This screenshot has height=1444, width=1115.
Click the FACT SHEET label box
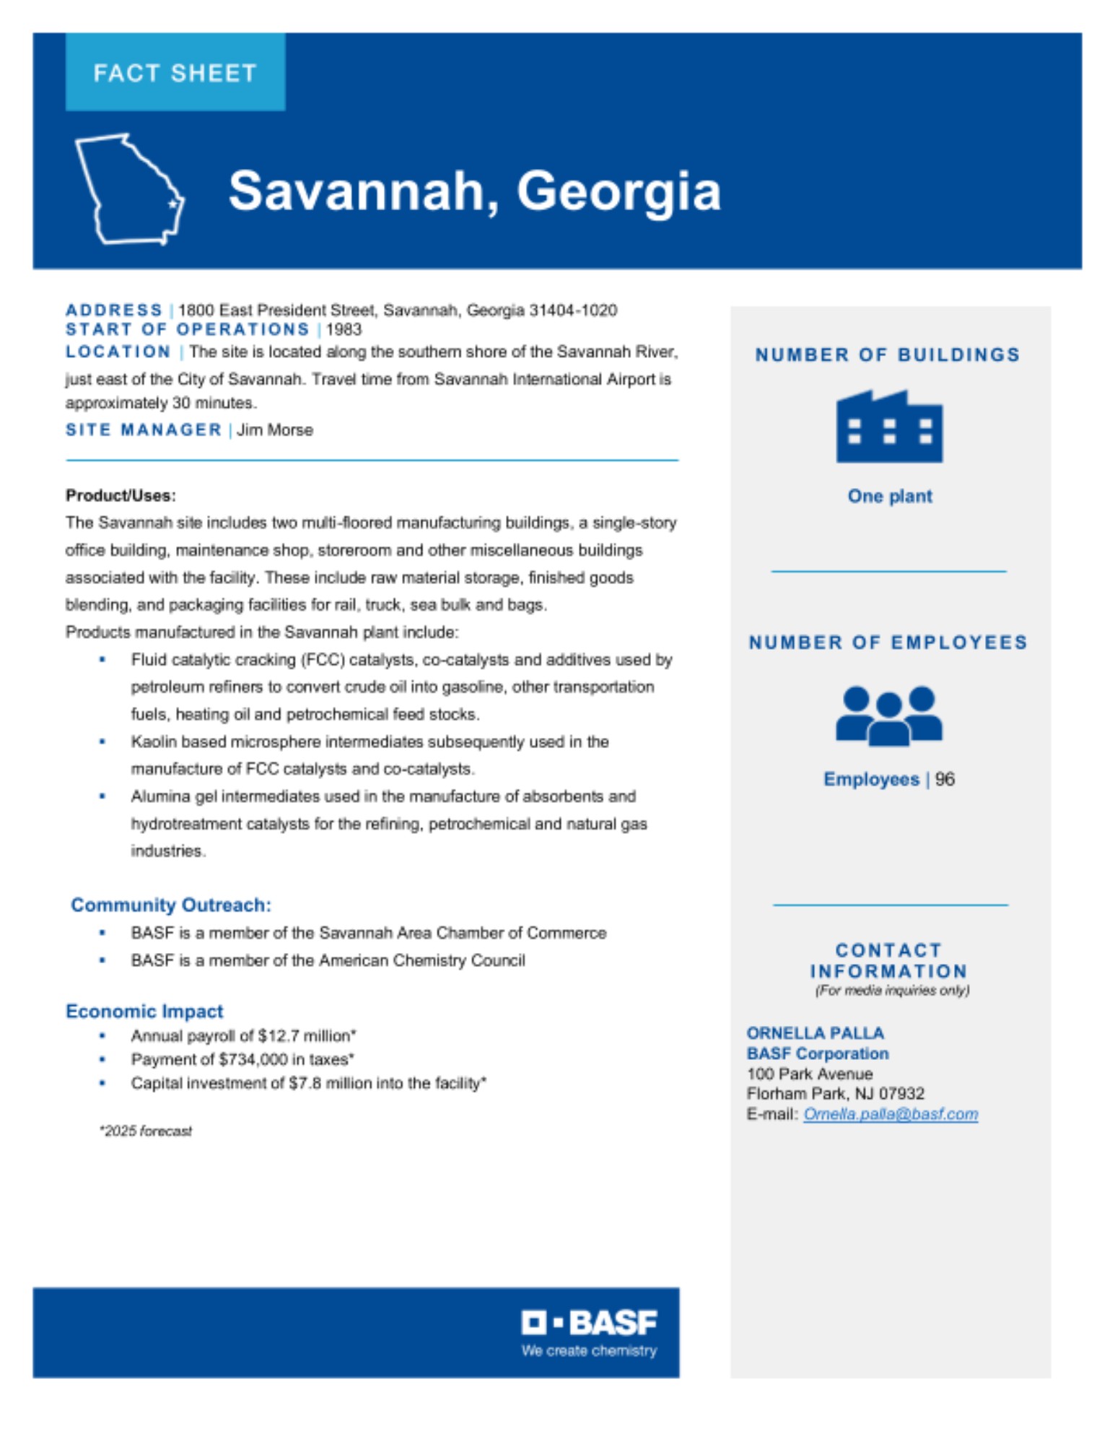pyautogui.click(x=175, y=72)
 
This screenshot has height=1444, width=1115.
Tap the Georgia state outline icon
pyautogui.click(x=130, y=189)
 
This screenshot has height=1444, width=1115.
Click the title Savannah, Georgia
pyautogui.click(x=474, y=191)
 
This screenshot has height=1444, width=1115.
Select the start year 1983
pyautogui.click(x=344, y=330)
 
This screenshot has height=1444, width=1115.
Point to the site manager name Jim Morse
pyautogui.click(x=275, y=430)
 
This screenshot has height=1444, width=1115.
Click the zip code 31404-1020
pyautogui.click(x=573, y=310)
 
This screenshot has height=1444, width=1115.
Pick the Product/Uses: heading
pyautogui.click(x=121, y=495)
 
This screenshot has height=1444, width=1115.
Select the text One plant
pyautogui.click(x=889, y=496)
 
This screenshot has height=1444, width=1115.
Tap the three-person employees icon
pyautogui.click(x=889, y=716)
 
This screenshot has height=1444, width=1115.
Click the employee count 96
pyautogui.click(x=945, y=779)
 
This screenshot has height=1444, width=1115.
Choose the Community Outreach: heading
pyautogui.click(x=171, y=905)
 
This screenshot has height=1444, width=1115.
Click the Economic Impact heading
pyautogui.click(x=144, y=1011)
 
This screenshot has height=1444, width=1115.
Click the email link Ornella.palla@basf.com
pyautogui.click(x=891, y=1114)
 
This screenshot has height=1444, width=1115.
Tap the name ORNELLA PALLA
pyautogui.click(x=815, y=1033)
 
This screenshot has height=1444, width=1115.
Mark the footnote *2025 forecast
pyautogui.click(x=146, y=1131)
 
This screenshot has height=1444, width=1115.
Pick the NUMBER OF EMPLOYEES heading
pyautogui.click(x=888, y=643)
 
